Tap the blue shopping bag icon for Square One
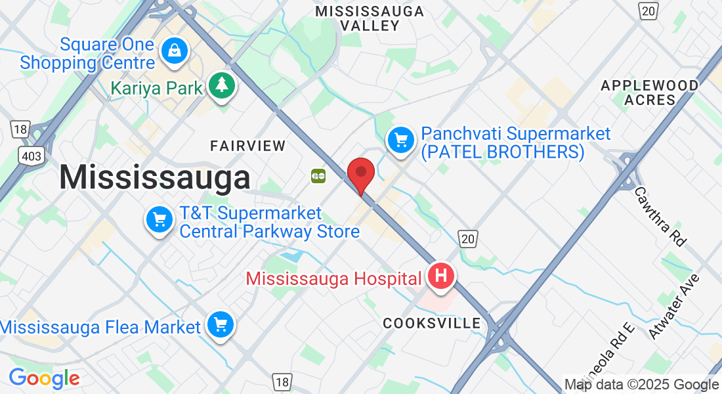click(175, 51)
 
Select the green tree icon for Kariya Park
click(223, 85)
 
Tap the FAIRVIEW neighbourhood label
click(247, 145)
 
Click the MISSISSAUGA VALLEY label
click(369, 19)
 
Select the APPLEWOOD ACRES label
click(650, 93)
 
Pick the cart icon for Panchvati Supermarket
click(400, 140)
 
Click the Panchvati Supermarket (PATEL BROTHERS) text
click(502, 143)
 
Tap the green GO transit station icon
click(318, 175)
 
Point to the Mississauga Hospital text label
click(333, 278)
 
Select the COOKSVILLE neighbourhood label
click(431, 323)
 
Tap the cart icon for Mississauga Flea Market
click(220, 324)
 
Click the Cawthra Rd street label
click(660, 216)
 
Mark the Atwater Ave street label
click(674, 306)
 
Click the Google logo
click(44, 378)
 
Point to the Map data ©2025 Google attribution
click(641, 385)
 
